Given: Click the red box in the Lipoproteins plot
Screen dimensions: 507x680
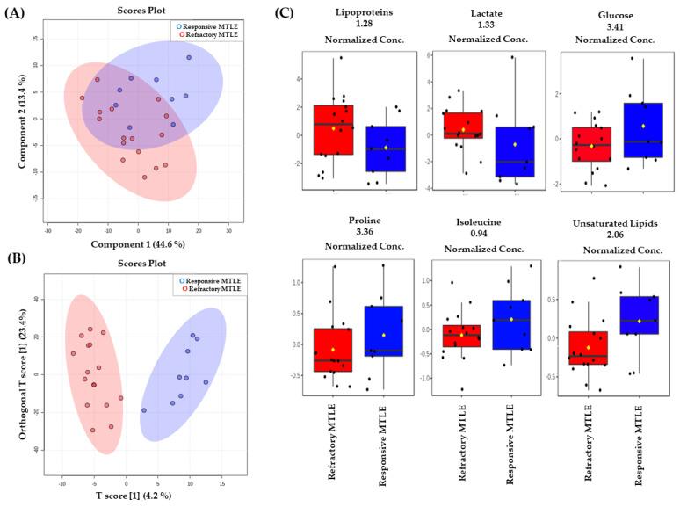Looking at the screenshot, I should [x=326, y=129].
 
